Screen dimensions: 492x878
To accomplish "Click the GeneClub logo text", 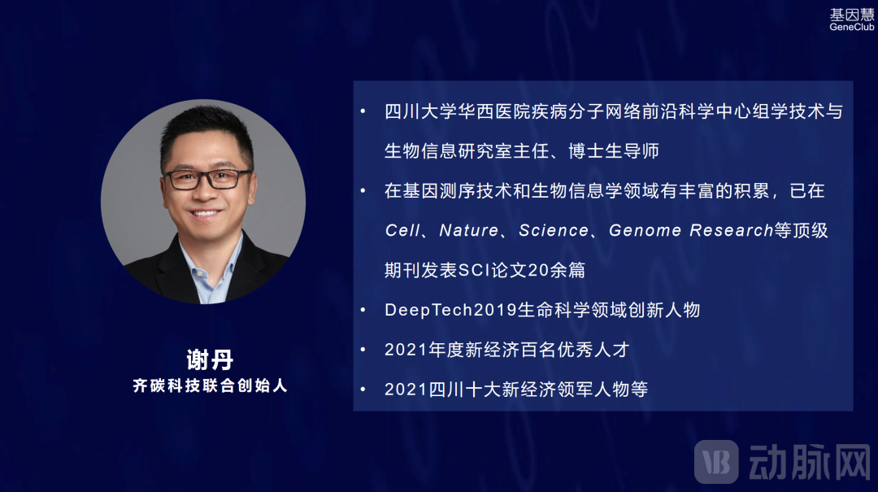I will pyautogui.click(x=851, y=27).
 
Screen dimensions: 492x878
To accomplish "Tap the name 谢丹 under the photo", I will pyautogui.click(x=210, y=359).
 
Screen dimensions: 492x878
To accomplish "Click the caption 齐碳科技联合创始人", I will pyautogui.click(x=210, y=385).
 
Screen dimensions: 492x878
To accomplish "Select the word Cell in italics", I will pyautogui.click(x=402, y=230).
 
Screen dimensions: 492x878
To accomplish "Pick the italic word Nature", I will pyautogui.click(x=469, y=230).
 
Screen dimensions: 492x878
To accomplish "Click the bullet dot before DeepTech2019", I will pyautogui.click(x=363, y=310).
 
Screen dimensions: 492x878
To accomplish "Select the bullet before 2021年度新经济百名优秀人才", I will pyautogui.click(x=363, y=350).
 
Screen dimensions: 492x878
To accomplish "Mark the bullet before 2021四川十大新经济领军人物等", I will pyautogui.click(x=363, y=390).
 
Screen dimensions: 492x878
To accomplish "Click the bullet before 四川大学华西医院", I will pyautogui.click(x=363, y=111).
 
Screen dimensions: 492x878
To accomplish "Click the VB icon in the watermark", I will pyautogui.click(x=716, y=462).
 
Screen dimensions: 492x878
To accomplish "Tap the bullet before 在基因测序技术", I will pyautogui.click(x=363, y=191).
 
